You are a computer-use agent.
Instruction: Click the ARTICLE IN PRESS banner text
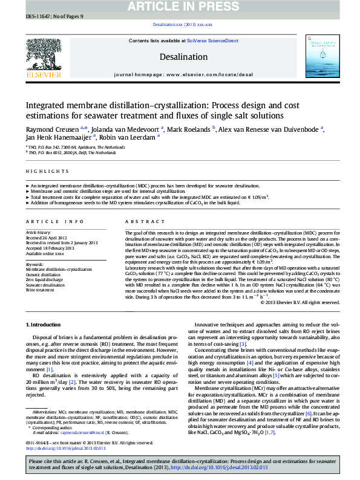180,7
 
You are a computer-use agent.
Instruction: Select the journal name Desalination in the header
180,57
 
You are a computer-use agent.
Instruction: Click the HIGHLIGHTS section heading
39,172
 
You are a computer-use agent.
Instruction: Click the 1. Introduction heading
44,325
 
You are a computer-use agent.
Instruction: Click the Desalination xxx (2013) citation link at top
182,24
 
